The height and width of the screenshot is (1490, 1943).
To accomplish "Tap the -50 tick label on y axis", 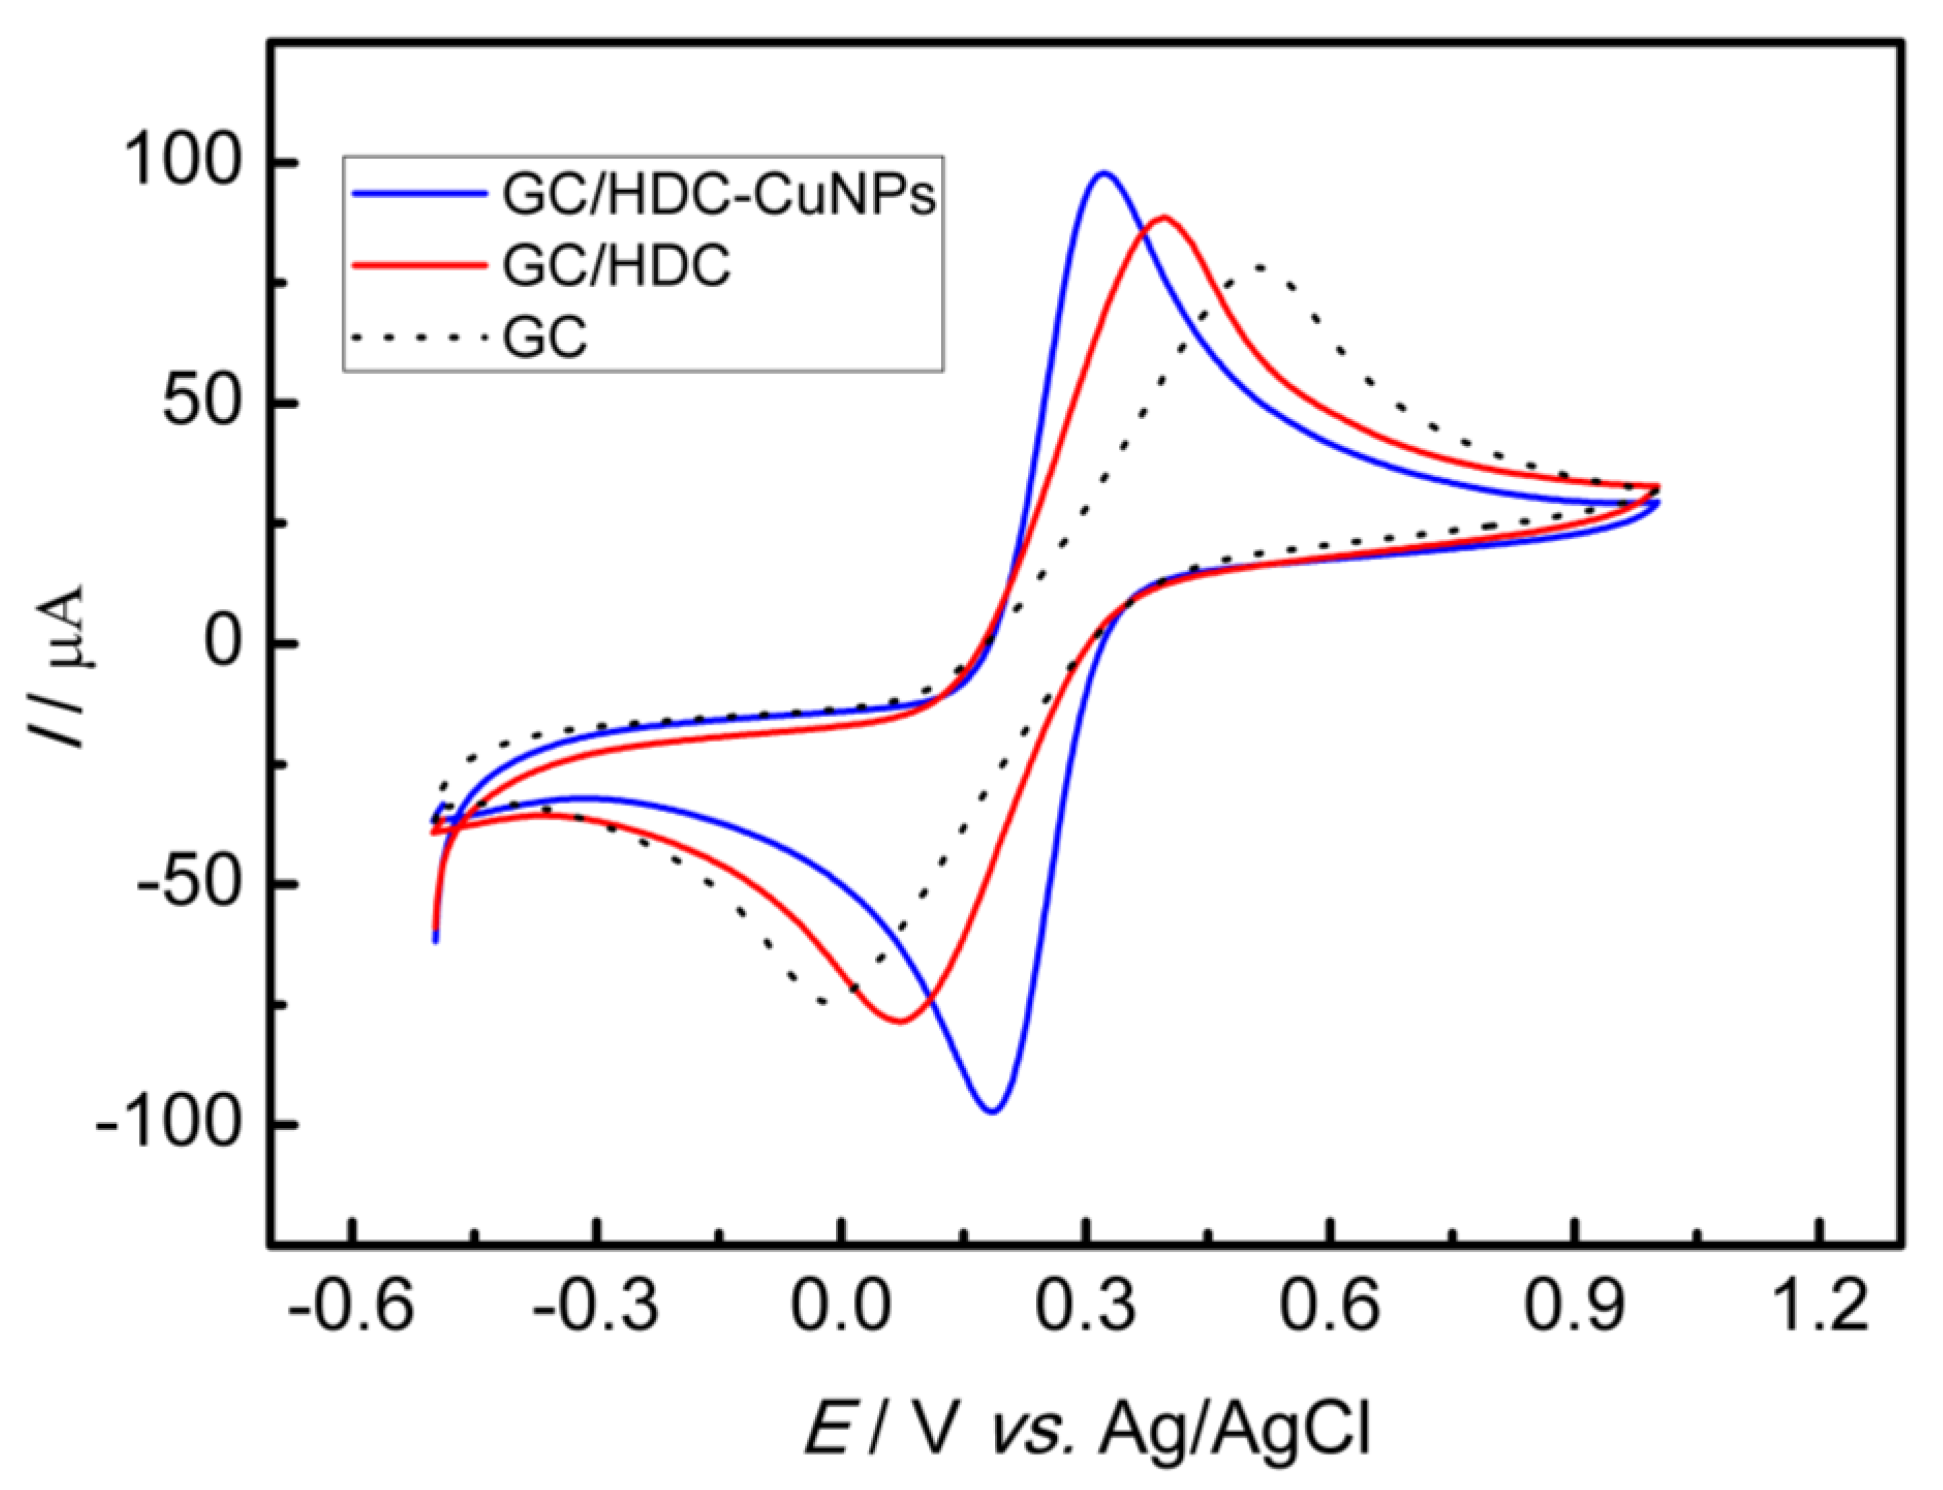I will coord(188,884).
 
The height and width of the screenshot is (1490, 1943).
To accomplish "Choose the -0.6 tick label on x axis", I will coord(351,1308).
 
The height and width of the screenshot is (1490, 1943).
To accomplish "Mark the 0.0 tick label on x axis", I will coord(839,1308).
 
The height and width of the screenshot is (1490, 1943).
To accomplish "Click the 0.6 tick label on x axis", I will coord(1328,1308).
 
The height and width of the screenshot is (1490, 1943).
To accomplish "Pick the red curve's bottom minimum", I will coord(900,1021).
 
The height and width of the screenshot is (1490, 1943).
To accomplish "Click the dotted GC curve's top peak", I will coord(1258,266).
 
